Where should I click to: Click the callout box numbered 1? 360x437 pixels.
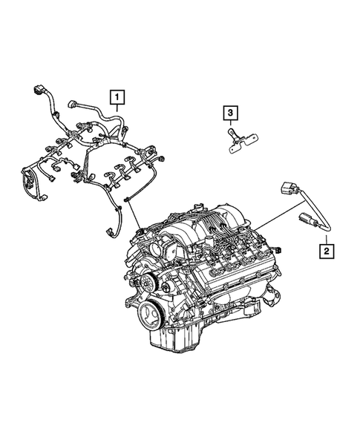click(x=118, y=96)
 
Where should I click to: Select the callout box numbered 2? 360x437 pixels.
click(x=325, y=252)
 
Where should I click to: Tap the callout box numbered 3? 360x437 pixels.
click(x=231, y=113)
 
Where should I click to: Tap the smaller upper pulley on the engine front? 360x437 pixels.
click(x=153, y=280)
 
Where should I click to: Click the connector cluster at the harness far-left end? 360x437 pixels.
click(x=32, y=183)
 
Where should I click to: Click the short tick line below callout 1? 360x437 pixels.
click(x=118, y=108)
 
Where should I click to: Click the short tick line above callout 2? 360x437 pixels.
click(x=325, y=237)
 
